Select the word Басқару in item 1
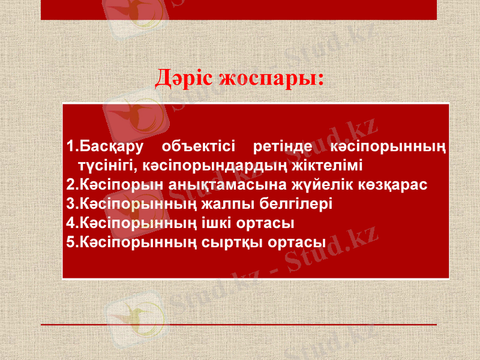click(x=110, y=146)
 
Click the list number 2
click(x=70, y=184)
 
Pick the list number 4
click(x=70, y=223)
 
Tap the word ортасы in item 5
click(x=298, y=243)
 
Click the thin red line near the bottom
click(x=240, y=325)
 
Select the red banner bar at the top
click(x=240, y=10)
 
